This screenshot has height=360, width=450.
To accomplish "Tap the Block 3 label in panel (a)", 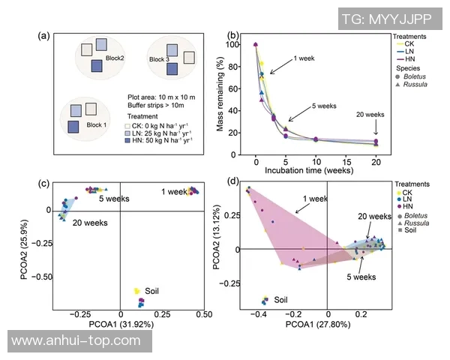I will pos(159,59).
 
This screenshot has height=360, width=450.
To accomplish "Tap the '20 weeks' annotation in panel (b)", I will pos(370,115).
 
